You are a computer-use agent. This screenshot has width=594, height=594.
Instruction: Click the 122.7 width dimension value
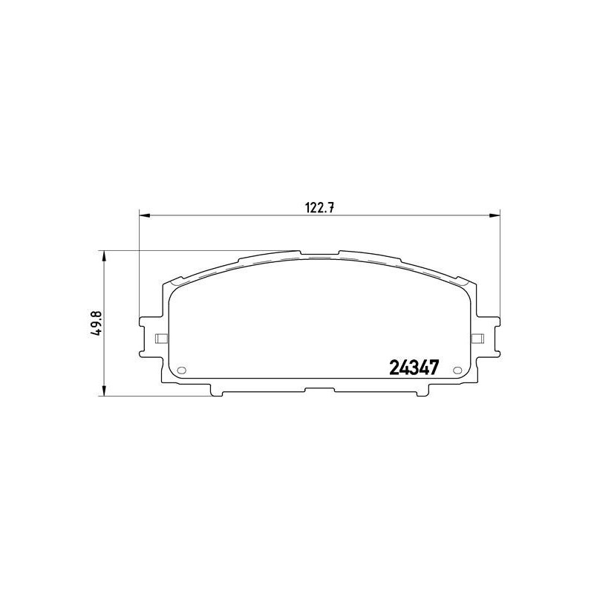pyautogui.click(x=319, y=208)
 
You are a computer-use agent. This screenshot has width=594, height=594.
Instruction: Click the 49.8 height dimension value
pyautogui.click(x=97, y=323)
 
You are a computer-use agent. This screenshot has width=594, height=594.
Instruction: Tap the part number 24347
pyautogui.click(x=414, y=368)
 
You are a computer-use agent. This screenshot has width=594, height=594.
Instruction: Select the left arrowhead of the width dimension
pyautogui.click(x=145, y=215)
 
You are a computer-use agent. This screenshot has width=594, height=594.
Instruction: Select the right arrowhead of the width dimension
pyautogui.click(x=495, y=215)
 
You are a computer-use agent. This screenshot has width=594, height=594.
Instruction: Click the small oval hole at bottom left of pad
pyautogui.click(x=182, y=370)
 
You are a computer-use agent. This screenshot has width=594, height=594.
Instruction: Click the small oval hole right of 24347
pyautogui.click(x=457, y=370)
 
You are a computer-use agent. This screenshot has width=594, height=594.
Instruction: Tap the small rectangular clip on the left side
pyautogui.click(x=162, y=339)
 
